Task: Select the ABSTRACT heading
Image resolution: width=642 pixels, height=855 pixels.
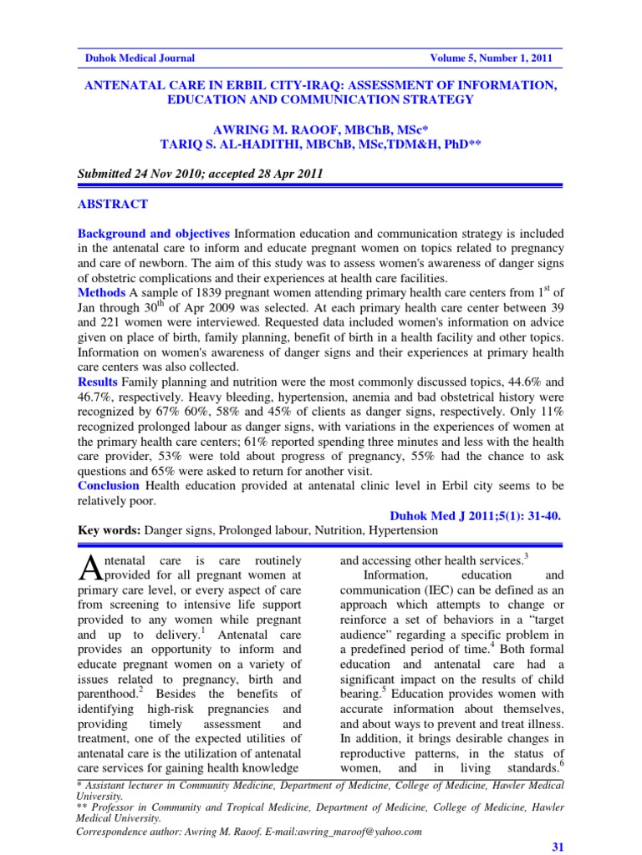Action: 112,204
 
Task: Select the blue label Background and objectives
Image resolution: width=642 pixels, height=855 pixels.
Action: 154,233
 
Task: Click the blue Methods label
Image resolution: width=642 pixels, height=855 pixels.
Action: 101,293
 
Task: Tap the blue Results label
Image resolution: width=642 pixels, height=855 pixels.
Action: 98,382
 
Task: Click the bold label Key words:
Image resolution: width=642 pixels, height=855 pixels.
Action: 109,530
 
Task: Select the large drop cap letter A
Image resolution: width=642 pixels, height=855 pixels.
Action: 88,568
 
